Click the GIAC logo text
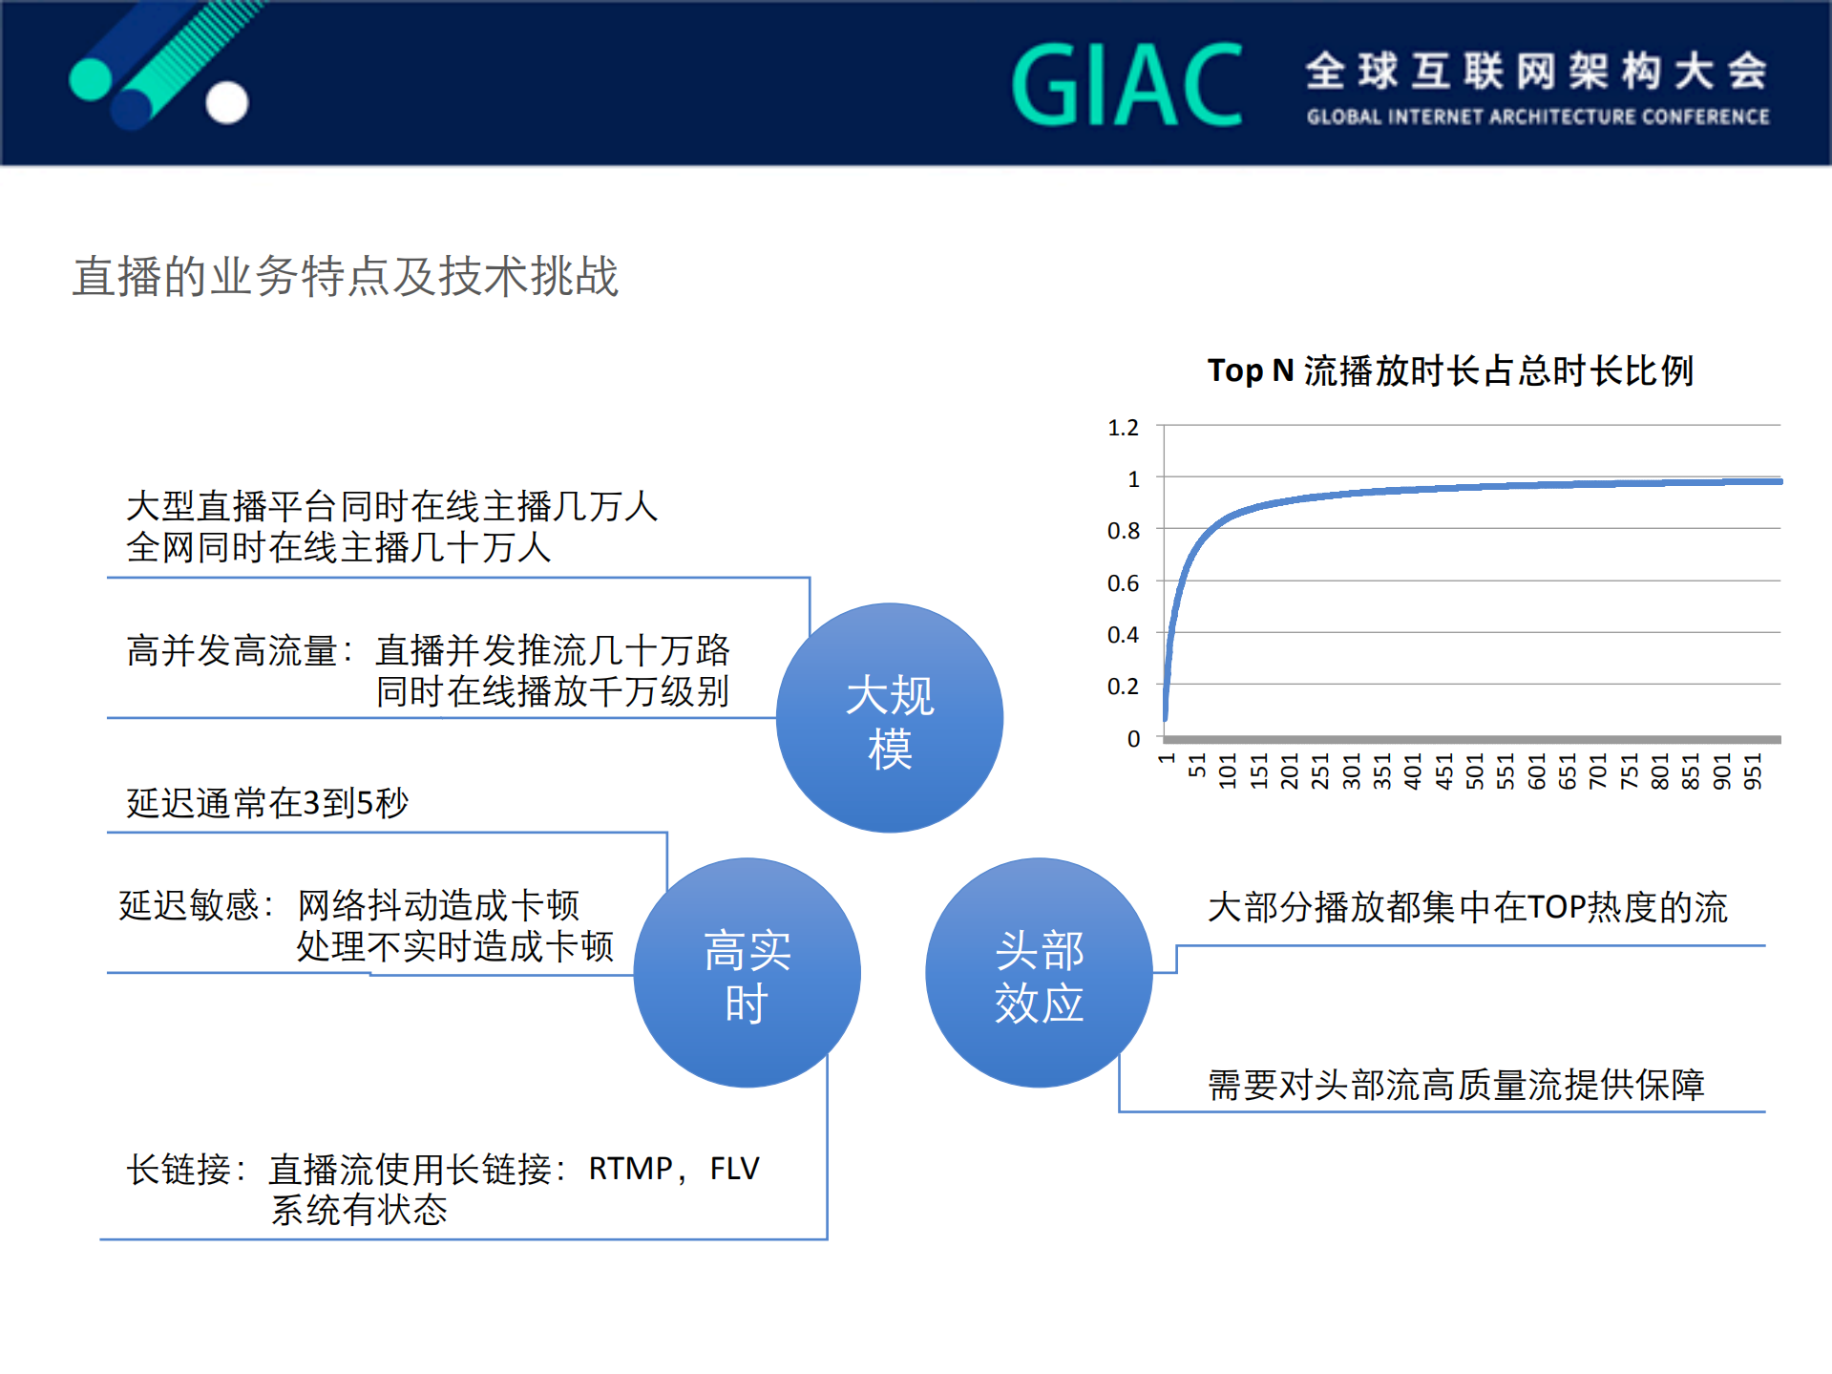tap(1127, 86)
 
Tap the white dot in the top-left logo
tap(227, 103)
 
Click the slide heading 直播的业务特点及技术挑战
tap(346, 277)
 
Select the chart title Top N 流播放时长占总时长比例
tap(1450, 370)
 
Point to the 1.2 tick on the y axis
tap(1124, 428)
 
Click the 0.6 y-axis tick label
tap(1124, 583)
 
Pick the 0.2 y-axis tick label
tap(1124, 687)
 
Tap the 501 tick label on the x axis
tap(1475, 771)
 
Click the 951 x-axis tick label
tap(1753, 771)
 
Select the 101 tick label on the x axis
tap(1228, 771)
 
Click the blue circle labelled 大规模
tap(890, 718)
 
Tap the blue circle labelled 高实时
tap(748, 973)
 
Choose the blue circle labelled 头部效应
tap(1039, 973)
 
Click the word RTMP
tap(630, 1169)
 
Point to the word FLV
tap(734, 1169)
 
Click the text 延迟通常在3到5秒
tap(267, 803)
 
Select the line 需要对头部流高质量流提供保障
tap(1456, 1086)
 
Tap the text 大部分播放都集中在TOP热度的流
tap(1467, 907)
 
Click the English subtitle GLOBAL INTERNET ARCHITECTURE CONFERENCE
tap(1538, 117)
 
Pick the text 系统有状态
tap(359, 1211)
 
